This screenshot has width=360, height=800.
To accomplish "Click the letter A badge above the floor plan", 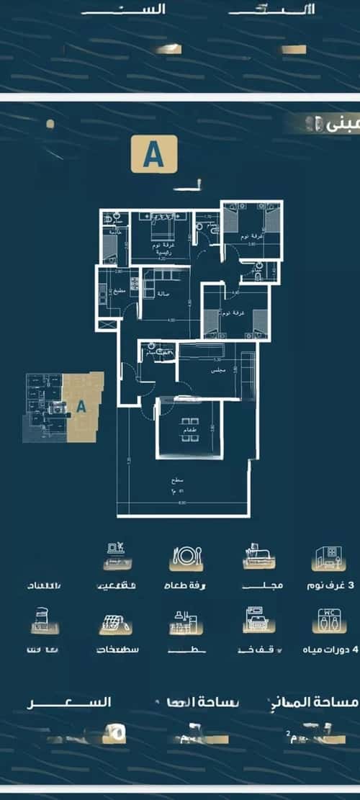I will click(x=153, y=155).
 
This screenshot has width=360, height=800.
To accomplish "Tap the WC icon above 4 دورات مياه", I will click(x=328, y=621).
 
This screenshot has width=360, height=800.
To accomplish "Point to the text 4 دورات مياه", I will click(x=330, y=649).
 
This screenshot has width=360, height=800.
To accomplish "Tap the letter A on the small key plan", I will click(x=81, y=406).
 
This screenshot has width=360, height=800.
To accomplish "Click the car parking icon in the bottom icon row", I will click(x=257, y=621).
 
